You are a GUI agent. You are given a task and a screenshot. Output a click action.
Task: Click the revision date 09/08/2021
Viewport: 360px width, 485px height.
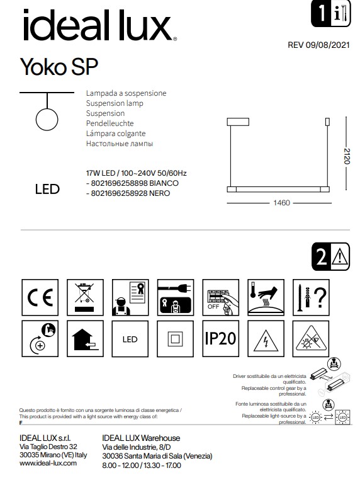pyautogui.click(x=318, y=45)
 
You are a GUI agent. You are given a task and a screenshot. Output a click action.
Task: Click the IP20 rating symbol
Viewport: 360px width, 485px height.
pyautogui.click(x=220, y=338)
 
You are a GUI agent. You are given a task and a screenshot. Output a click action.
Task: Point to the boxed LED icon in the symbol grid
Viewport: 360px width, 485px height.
pyautogui.click(x=130, y=339)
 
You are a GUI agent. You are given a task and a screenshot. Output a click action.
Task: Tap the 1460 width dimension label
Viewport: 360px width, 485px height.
pyautogui.click(x=281, y=203)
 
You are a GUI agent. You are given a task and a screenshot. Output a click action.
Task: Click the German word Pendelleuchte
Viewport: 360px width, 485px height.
pyautogui.click(x=110, y=124)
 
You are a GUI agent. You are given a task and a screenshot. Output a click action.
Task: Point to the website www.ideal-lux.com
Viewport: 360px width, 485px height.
pyautogui.click(x=48, y=463)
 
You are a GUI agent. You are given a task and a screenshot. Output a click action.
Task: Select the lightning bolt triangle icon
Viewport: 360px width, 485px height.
pyautogui.click(x=265, y=340)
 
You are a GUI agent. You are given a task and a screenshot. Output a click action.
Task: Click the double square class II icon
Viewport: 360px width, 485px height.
pyautogui.click(x=174, y=339)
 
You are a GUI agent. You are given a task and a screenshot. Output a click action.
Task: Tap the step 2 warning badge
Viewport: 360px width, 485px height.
pyautogui.click(x=329, y=256)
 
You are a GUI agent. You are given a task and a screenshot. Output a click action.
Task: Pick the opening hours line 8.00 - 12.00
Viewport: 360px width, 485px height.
pyautogui.click(x=141, y=465)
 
